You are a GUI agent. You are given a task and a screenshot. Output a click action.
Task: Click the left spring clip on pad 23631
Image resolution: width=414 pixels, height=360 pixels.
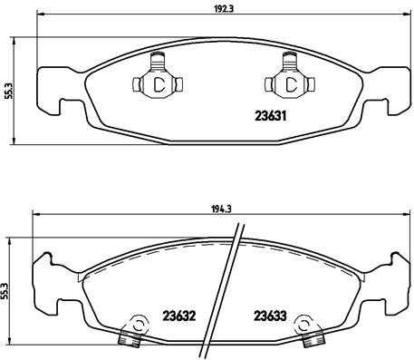coord(157,83)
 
